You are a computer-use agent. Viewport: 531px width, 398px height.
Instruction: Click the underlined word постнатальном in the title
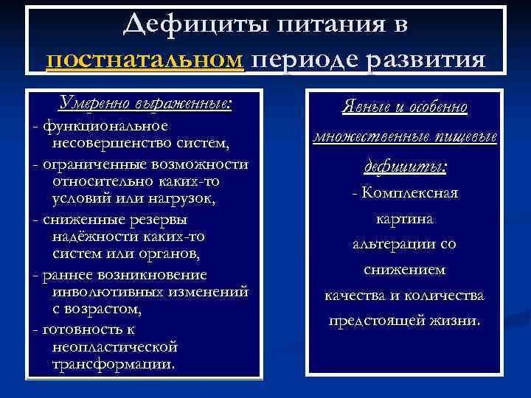coord(145,59)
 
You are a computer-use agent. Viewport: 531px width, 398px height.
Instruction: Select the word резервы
coord(154,219)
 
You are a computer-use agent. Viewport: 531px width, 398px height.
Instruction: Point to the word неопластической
coord(114,346)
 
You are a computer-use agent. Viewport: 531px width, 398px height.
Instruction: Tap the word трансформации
coord(114,365)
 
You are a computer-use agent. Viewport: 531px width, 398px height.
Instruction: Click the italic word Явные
coord(364,108)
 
